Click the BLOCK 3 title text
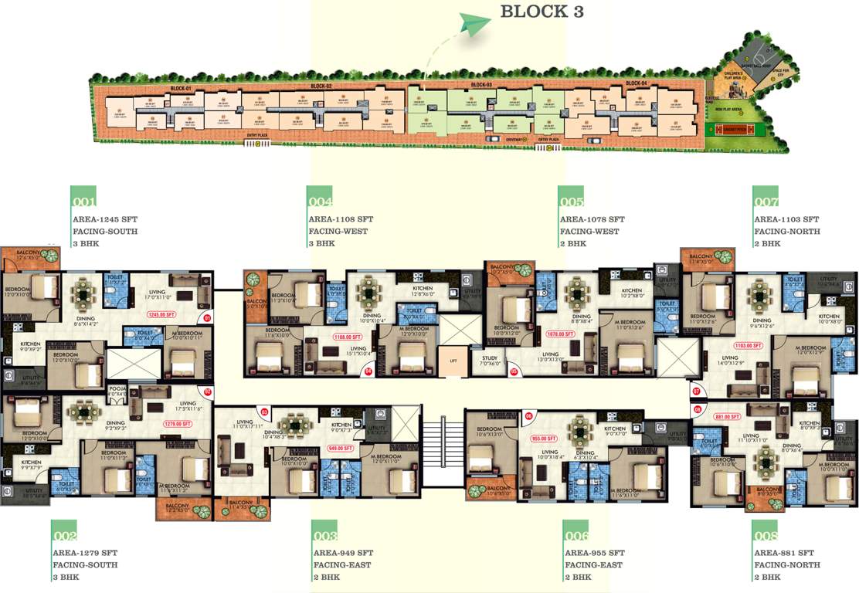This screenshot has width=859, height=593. coord(542,12)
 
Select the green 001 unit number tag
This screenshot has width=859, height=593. coord(83,202)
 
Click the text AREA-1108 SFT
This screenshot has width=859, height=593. coord(341,219)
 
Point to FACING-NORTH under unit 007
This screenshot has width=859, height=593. coord(787,232)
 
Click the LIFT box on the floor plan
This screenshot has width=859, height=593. coord(453,361)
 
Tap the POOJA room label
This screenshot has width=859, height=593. coord(117,390)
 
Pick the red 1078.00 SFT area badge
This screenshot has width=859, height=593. coord(559,334)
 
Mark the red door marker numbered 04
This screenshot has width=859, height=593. coord(368,371)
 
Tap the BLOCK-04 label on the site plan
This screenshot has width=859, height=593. coord(636,83)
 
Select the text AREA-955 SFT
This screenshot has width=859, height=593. coord(595,553)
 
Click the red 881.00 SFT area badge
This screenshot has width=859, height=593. coord(725,416)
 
